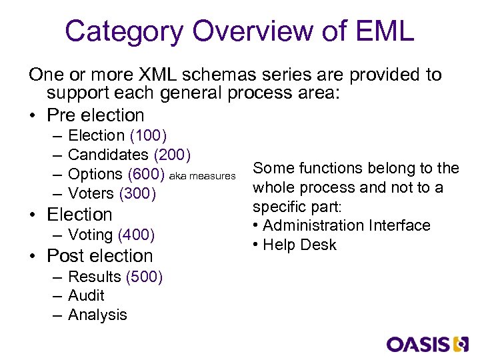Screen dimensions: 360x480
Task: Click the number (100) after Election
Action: click(148, 135)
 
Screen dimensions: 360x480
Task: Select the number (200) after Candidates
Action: click(173, 155)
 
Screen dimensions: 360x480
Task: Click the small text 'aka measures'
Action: click(203, 176)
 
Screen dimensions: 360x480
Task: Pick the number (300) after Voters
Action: click(137, 193)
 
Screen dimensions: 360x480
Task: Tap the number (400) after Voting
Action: click(136, 235)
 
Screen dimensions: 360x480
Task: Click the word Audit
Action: click(86, 295)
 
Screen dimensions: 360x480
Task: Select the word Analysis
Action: click(97, 315)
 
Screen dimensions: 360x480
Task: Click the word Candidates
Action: click(108, 155)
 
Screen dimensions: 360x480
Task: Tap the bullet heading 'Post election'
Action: click(99, 256)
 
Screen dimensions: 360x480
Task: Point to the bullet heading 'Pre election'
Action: click(95, 115)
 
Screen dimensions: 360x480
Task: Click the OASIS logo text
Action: click(418, 343)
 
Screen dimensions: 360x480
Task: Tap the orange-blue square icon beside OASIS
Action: click(461, 343)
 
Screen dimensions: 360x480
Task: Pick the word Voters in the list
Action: click(91, 193)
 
